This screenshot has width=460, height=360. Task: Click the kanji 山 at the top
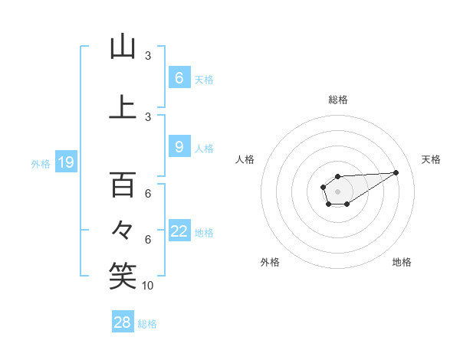[123, 47]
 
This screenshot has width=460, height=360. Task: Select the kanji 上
[123, 107]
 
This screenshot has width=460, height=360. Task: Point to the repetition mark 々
[123, 229]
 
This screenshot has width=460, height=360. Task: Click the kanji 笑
[123, 277]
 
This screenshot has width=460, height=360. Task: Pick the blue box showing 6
[179, 77]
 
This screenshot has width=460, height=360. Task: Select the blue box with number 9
[179, 147]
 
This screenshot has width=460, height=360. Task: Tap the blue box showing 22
[179, 231]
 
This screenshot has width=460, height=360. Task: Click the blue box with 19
[65, 162]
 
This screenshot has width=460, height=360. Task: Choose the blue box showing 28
[123, 322]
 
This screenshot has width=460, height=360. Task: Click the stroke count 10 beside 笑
[148, 286]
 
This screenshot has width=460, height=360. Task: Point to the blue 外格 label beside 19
[40, 163]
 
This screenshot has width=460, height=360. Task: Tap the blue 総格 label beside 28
[147, 324]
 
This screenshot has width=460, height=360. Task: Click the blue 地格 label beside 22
[204, 232]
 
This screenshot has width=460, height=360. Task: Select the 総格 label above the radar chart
[338, 100]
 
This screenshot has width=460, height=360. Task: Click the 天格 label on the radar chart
[431, 159]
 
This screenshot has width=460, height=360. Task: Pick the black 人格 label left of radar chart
[245, 159]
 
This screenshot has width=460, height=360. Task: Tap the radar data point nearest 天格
[396, 172]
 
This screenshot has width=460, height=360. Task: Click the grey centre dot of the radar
[338, 190]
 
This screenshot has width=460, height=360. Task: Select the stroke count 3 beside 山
[148, 56]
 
